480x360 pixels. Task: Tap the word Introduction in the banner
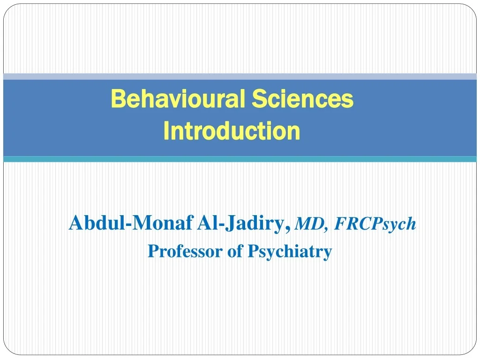coord(232,131)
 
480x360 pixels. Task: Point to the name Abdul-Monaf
coord(131,223)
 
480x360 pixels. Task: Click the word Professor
coord(186,251)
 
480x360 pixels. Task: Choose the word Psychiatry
coord(289,252)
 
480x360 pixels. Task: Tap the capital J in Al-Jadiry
coord(229,223)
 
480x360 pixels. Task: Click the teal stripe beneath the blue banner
coord(240,159)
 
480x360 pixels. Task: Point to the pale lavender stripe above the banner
coord(240,76)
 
